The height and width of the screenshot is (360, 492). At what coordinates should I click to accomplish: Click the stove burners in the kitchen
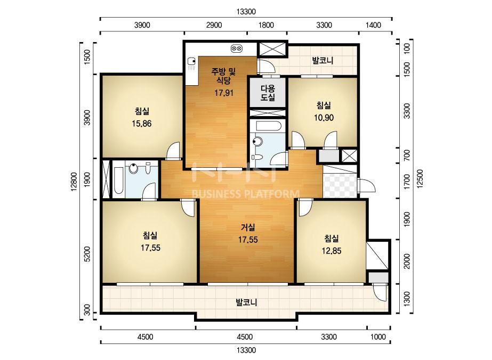[x=236, y=48]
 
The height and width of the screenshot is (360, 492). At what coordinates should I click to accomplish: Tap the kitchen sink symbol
[x=191, y=64]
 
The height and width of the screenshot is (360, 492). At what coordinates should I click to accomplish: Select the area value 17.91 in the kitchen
[x=224, y=93]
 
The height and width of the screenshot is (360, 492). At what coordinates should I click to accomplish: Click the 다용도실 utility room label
[x=268, y=93]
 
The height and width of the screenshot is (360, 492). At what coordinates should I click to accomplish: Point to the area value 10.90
[x=324, y=118]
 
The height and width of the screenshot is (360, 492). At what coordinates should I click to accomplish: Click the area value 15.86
[x=141, y=124]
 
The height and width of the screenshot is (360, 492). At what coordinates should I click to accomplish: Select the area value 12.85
[x=332, y=250]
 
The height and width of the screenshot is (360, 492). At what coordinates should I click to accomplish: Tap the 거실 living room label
[x=248, y=227]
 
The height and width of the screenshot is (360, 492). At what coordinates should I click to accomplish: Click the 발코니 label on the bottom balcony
[x=246, y=302]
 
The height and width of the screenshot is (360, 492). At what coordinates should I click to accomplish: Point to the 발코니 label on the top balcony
[x=322, y=60]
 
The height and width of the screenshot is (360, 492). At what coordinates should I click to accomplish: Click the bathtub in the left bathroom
[x=119, y=181]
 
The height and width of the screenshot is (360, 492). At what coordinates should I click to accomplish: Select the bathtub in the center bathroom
[x=268, y=126]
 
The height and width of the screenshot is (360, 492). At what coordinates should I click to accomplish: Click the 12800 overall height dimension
[x=74, y=181]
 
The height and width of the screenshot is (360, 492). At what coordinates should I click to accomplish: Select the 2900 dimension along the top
[x=214, y=25]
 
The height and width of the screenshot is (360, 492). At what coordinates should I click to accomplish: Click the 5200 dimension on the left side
[x=87, y=254]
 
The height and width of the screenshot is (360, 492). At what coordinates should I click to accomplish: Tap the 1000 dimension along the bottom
[x=378, y=337]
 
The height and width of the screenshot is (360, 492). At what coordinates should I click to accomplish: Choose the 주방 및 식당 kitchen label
[x=223, y=76]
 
